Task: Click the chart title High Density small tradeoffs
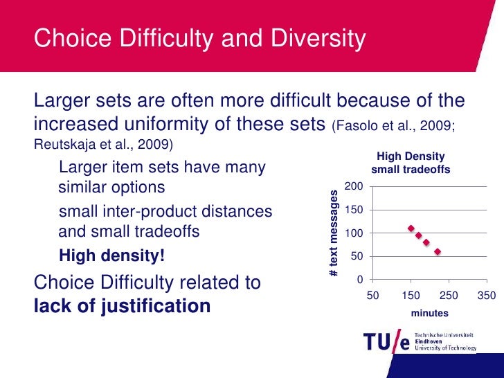[x=411, y=163]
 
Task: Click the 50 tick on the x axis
[x=372, y=296]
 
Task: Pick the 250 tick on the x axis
[x=449, y=296]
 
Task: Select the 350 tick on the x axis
[x=487, y=296]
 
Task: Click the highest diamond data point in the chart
[x=411, y=228]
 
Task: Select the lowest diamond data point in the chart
[x=438, y=252]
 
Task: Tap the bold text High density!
[x=112, y=257]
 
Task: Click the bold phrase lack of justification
[x=122, y=306]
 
